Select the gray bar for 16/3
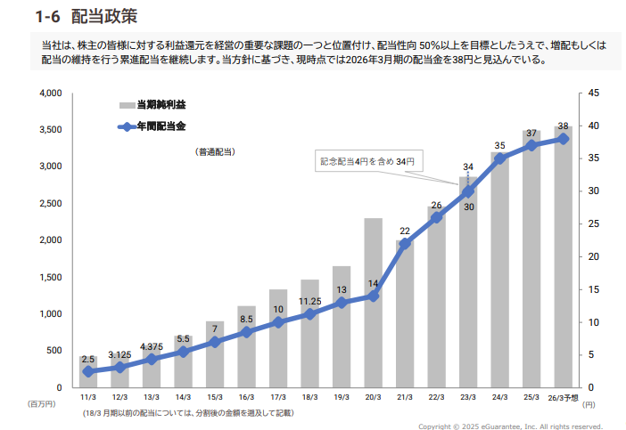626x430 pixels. [x=246, y=347]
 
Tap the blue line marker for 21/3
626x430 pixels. [x=405, y=243]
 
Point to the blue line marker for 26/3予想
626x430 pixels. [x=563, y=139]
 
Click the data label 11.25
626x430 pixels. [x=309, y=301]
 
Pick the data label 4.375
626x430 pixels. [x=151, y=347]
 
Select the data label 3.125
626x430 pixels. [x=119, y=354]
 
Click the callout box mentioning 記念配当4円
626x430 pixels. [x=367, y=161]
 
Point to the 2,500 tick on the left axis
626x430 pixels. [x=49, y=204]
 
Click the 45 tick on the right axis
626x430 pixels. [x=594, y=93]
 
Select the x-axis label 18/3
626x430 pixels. [x=309, y=396]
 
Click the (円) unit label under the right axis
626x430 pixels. [x=589, y=403]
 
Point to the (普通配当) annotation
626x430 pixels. [x=215, y=151]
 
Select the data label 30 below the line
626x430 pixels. [x=469, y=207]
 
